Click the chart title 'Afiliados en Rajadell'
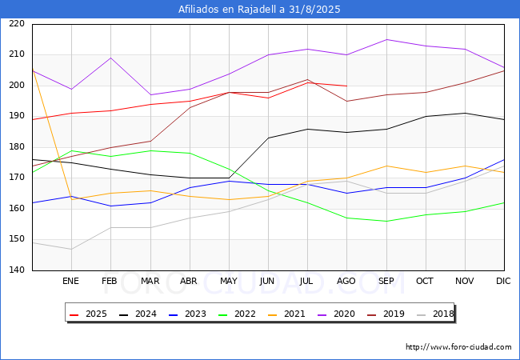[x=228, y=10]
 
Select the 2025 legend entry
[x=88, y=314]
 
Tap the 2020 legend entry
[x=336, y=314]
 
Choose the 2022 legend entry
[x=237, y=314]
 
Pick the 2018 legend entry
[x=435, y=314]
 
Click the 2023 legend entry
[x=187, y=314]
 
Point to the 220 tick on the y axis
[x=17, y=23]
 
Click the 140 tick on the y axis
[x=17, y=270]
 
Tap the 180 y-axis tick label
[x=17, y=146]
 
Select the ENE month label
[x=70, y=281]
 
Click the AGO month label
[x=346, y=281]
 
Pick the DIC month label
[x=503, y=281]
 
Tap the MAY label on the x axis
[x=229, y=281]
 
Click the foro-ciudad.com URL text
[x=458, y=347]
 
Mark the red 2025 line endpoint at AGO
[x=347, y=86]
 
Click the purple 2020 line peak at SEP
[x=386, y=39]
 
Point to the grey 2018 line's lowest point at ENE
[x=72, y=250]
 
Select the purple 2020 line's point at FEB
[x=110, y=58]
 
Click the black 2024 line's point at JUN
[x=268, y=138]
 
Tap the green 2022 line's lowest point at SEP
[x=386, y=221]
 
